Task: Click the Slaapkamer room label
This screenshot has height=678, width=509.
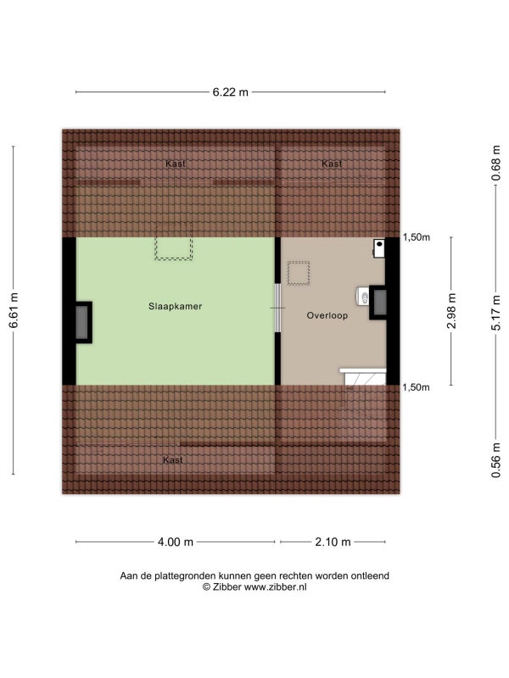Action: [x=176, y=306]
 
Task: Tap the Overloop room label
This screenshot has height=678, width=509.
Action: [x=327, y=315]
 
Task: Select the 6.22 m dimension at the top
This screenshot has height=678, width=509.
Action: [x=230, y=92]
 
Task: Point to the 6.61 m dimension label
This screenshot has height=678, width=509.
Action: [x=14, y=310]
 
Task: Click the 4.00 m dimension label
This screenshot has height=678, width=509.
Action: [x=176, y=542]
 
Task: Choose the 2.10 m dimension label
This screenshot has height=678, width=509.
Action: [x=333, y=542]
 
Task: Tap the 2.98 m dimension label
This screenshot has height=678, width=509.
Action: [x=451, y=310]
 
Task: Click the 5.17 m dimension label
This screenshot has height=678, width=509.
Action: [x=496, y=313]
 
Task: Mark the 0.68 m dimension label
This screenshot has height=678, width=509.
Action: [x=496, y=163]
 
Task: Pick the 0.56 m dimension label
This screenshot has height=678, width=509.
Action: [x=496, y=460]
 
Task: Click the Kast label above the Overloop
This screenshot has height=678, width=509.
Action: [x=332, y=164]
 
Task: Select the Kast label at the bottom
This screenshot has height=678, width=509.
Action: [x=173, y=460]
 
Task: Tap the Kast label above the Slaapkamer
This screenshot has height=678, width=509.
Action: [x=176, y=164]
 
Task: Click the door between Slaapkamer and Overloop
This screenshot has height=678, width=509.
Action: [x=277, y=308]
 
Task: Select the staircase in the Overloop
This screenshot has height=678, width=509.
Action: [x=363, y=376]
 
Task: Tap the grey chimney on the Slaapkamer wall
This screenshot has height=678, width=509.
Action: [x=83, y=323]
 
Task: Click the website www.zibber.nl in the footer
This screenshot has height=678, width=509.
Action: [x=275, y=586]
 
